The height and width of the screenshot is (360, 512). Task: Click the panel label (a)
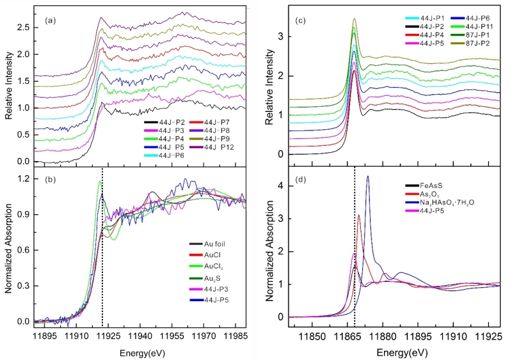[51, 21]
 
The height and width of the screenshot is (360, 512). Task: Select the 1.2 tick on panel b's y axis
[24, 178]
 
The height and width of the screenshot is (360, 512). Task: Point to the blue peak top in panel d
[368, 176]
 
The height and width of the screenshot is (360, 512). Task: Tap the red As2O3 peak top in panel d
[359, 215]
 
